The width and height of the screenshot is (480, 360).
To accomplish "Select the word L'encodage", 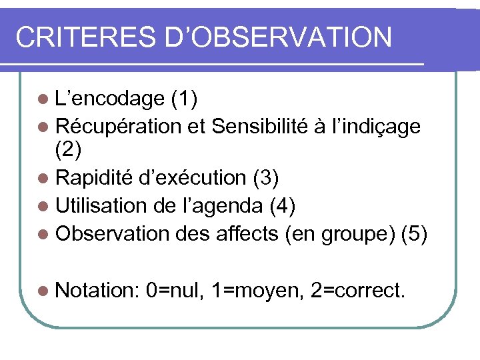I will click(x=109, y=100).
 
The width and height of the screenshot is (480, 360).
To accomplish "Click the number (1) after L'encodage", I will click(x=183, y=100).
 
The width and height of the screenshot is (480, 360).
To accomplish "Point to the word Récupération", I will click(x=119, y=126).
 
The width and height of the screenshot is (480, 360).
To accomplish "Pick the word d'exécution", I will click(x=193, y=178).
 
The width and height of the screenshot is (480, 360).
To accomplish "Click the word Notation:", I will click(x=97, y=291).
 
